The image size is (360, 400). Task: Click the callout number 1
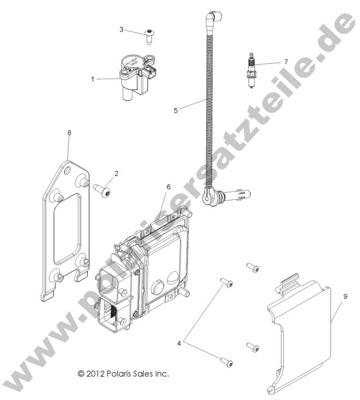93,79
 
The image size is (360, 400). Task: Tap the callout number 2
116,173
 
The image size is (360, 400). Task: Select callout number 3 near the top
121,29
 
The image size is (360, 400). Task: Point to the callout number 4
179,343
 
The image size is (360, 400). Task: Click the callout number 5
176,110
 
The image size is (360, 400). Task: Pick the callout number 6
168,187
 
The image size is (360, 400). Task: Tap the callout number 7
285,61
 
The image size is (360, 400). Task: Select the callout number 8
69,133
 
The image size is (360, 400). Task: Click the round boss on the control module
159,288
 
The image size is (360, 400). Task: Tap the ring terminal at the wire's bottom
208,198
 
